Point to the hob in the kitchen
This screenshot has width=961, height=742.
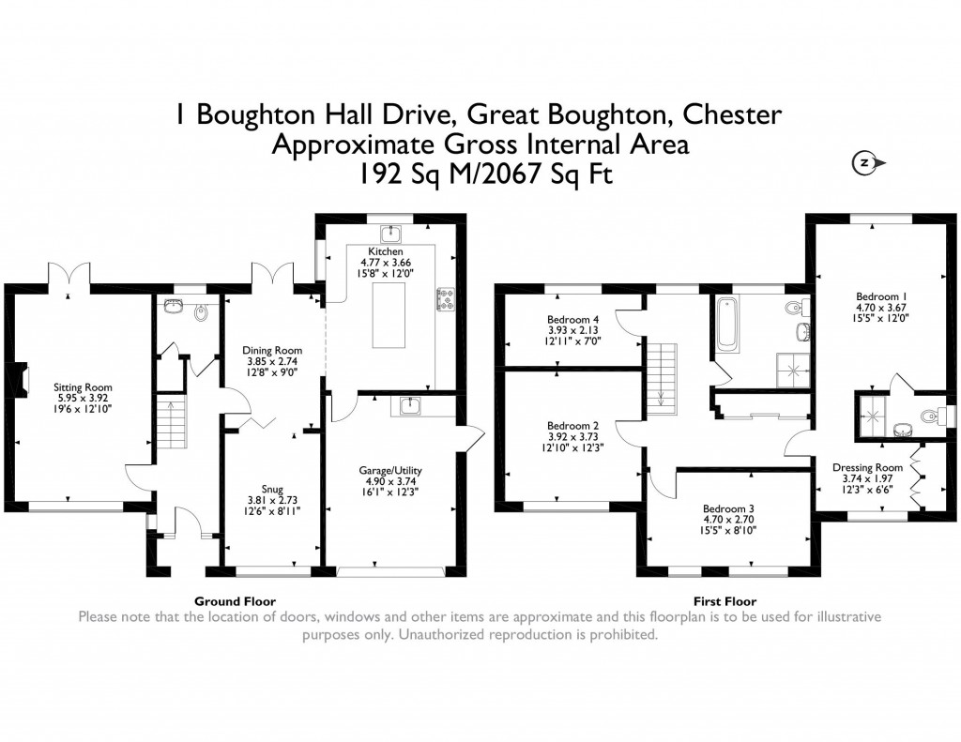(x=445, y=299)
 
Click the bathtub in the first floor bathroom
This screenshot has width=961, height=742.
(x=727, y=325)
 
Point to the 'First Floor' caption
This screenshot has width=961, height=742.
(x=725, y=601)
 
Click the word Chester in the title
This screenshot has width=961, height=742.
(x=731, y=115)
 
